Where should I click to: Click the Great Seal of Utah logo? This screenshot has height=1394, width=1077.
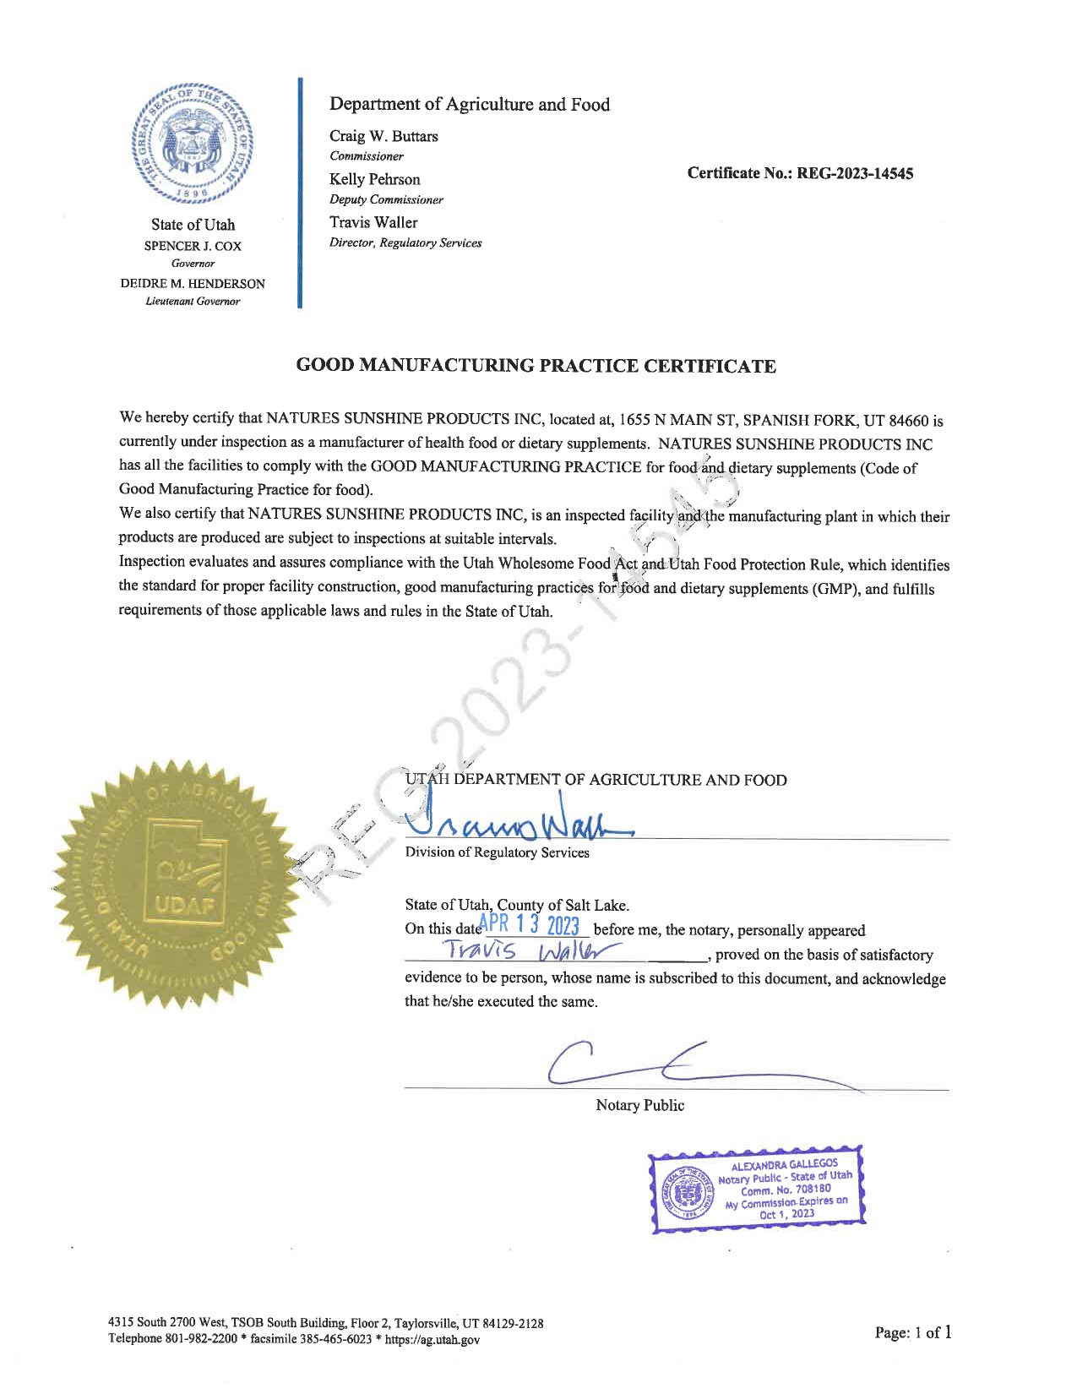[193, 144]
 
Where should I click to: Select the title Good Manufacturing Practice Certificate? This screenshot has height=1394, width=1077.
[536, 366]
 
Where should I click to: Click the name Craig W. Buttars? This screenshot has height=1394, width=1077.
[383, 136]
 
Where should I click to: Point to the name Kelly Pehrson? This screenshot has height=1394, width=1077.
[374, 179]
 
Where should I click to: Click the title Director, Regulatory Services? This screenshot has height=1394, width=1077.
[405, 243]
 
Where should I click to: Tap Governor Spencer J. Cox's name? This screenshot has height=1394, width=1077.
[193, 246]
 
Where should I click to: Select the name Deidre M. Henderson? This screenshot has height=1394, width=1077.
[193, 284]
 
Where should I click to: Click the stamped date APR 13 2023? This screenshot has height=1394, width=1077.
[529, 926]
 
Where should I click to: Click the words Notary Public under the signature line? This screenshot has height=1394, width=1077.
[639, 1106]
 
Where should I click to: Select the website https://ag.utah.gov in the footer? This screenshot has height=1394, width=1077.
[432, 1340]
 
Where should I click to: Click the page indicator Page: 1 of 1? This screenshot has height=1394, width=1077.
[913, 1333]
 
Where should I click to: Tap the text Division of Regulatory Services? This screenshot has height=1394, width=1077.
[497, 852]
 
